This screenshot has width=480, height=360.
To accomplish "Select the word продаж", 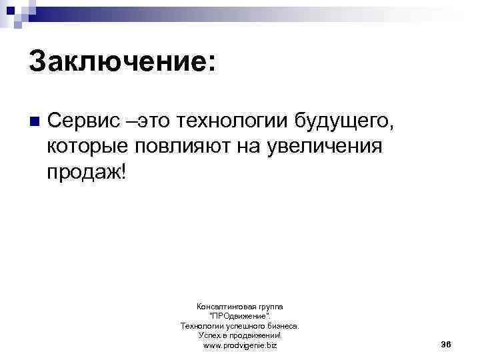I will pos(83,171).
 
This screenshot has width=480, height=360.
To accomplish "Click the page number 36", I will pos(447,344).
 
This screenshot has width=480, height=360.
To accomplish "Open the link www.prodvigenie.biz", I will pos(240,346).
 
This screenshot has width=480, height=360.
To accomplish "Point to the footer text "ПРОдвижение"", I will pos(240,316).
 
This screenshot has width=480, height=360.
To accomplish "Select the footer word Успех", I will pos(210,336).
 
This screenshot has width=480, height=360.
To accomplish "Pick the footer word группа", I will pos(268,306).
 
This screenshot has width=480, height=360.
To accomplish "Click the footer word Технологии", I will pos(201,326).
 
